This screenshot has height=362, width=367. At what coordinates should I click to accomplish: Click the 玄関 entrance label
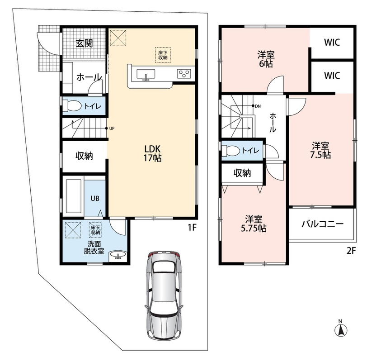click(x=84, y=43)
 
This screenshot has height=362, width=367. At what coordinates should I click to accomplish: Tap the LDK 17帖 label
click(x=152, y=153)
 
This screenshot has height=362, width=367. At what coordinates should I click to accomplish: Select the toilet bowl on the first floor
click(x=71, y=106)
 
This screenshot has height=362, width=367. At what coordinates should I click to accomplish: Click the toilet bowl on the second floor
click(x=231, y=150)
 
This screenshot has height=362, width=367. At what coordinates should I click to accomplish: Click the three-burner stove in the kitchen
click(x=184, y=74)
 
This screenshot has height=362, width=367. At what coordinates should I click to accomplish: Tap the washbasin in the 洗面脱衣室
click(x=118, y=255)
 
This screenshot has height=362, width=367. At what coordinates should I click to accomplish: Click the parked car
click(x=164, y=295)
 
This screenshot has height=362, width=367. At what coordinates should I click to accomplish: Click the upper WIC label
click(x=332, y=43)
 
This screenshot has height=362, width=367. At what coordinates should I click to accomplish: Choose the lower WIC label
click(x=332, y=76)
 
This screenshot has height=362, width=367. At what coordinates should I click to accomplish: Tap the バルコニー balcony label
click(x=322, y=224)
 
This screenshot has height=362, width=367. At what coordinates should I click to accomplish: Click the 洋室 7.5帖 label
click(x=320, y=150)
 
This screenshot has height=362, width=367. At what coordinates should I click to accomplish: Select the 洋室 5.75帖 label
click(x=254, y=224)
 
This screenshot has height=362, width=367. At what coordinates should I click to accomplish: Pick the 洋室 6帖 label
click(x=266, y=59)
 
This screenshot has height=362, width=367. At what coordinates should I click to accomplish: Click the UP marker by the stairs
click(x=110, y=129)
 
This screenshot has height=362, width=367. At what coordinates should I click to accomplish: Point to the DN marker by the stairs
click(x=256, y=106)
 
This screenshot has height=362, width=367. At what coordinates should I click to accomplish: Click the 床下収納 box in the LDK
click(x=163, y=55)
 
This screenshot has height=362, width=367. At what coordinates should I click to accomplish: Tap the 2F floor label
click(x=351, y=251)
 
